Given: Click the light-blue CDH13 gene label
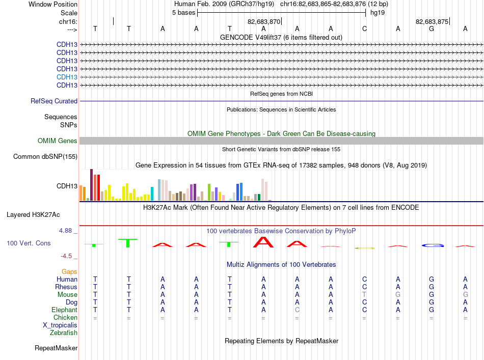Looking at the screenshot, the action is pos(67,77).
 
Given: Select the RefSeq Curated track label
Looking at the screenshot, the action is pos(54,101).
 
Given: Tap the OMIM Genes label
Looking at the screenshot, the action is pos(58,141).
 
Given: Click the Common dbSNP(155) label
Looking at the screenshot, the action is pos(45,156).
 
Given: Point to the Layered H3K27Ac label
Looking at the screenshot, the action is pos(33,215).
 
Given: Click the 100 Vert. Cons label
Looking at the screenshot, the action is pos(29,243).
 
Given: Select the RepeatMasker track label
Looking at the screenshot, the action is pos(56,348).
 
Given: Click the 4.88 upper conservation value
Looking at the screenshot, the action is pos(65,231).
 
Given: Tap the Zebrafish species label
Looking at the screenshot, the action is pos(64,333).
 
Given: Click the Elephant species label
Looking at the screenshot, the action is pos(65,310).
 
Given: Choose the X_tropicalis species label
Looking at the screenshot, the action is pos(60,325).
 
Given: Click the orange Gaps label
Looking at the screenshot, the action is pos(69,271).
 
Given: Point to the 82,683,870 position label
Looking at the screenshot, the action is pos(264,21).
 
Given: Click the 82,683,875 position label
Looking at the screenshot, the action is pos(432,21).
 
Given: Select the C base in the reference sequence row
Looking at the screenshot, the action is pos(365,29).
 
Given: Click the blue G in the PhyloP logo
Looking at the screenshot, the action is pos(433,245).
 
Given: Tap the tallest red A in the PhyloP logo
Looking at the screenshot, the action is pos(263,242).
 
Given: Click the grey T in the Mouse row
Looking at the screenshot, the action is pos(365,295).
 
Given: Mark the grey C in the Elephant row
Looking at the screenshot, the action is pos(297,310).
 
